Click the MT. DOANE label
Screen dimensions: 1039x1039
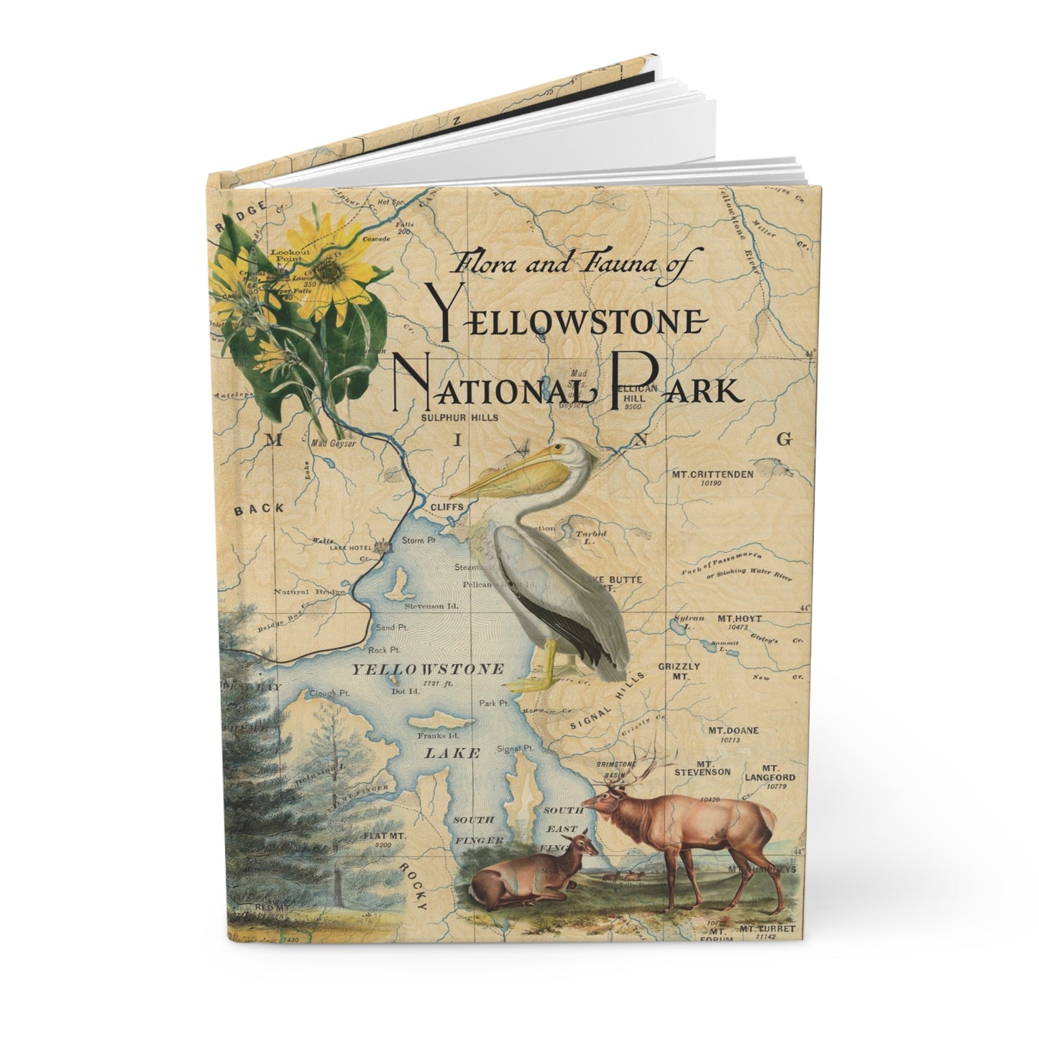point(723,731)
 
